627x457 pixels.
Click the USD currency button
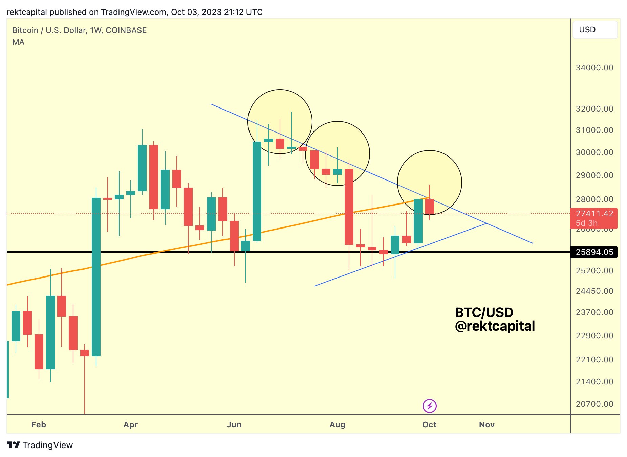coord(594,30)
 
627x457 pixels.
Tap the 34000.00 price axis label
coord(594,68)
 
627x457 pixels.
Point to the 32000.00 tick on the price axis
coord(594,109)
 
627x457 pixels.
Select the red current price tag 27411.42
coord(594,214)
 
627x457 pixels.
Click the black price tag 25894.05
coord(594,252)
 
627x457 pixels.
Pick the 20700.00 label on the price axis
coord(594,404)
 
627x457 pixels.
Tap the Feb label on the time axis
coord(39,425)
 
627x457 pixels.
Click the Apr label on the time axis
coord(131,425)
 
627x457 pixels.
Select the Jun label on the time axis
coord(234,425)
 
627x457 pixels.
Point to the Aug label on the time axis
coord(338,425)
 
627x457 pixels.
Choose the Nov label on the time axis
coord(487,425)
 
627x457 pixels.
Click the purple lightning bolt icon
coord(430,406)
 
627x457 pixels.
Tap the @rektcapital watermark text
coord(495,326)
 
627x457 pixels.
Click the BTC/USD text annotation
coord(484,312)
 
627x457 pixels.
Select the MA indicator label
coord(18,42)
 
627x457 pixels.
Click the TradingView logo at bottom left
coord(40,445)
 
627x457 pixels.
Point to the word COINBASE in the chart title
coord(126,30)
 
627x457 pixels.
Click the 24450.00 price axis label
coord(594,291)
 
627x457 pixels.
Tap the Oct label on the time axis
coord(429,425)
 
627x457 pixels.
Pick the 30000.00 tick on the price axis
coord(594,152)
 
